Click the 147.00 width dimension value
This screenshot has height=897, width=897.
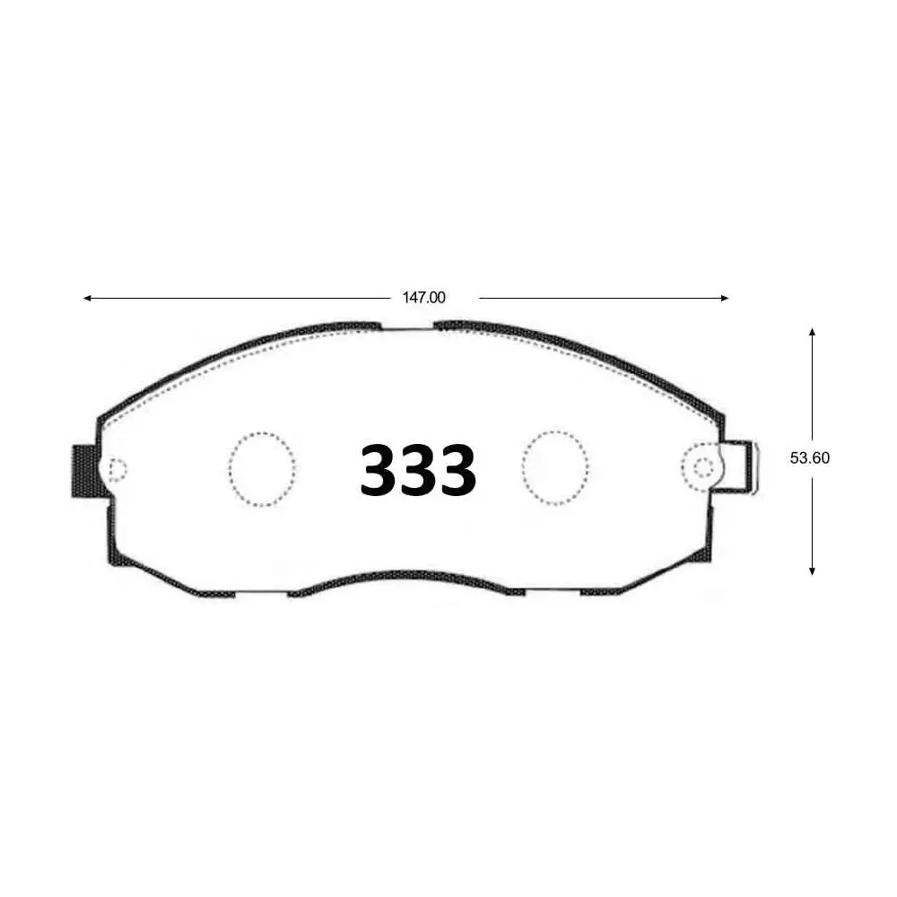[x=423, y=298]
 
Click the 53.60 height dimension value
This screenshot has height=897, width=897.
[x=810, y=457]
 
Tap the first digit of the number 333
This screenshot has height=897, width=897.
[x=379, y=470]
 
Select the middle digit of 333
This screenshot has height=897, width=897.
[x=418, y=470]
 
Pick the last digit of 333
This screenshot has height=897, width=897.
[x=457, y=470]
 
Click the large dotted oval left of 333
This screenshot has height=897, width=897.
[x=262, y=469]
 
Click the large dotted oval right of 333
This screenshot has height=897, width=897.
[x=555, y=467]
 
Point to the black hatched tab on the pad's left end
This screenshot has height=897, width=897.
[x=85, y=471]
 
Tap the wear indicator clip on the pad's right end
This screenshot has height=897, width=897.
[x=741, y=466]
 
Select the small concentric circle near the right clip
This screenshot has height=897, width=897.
[x=703, y=466]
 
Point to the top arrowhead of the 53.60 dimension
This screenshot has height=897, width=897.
[x=812, y=332]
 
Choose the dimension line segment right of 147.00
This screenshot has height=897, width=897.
[x=601, y=298]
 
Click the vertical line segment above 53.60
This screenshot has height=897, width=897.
[x=812, y=386]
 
